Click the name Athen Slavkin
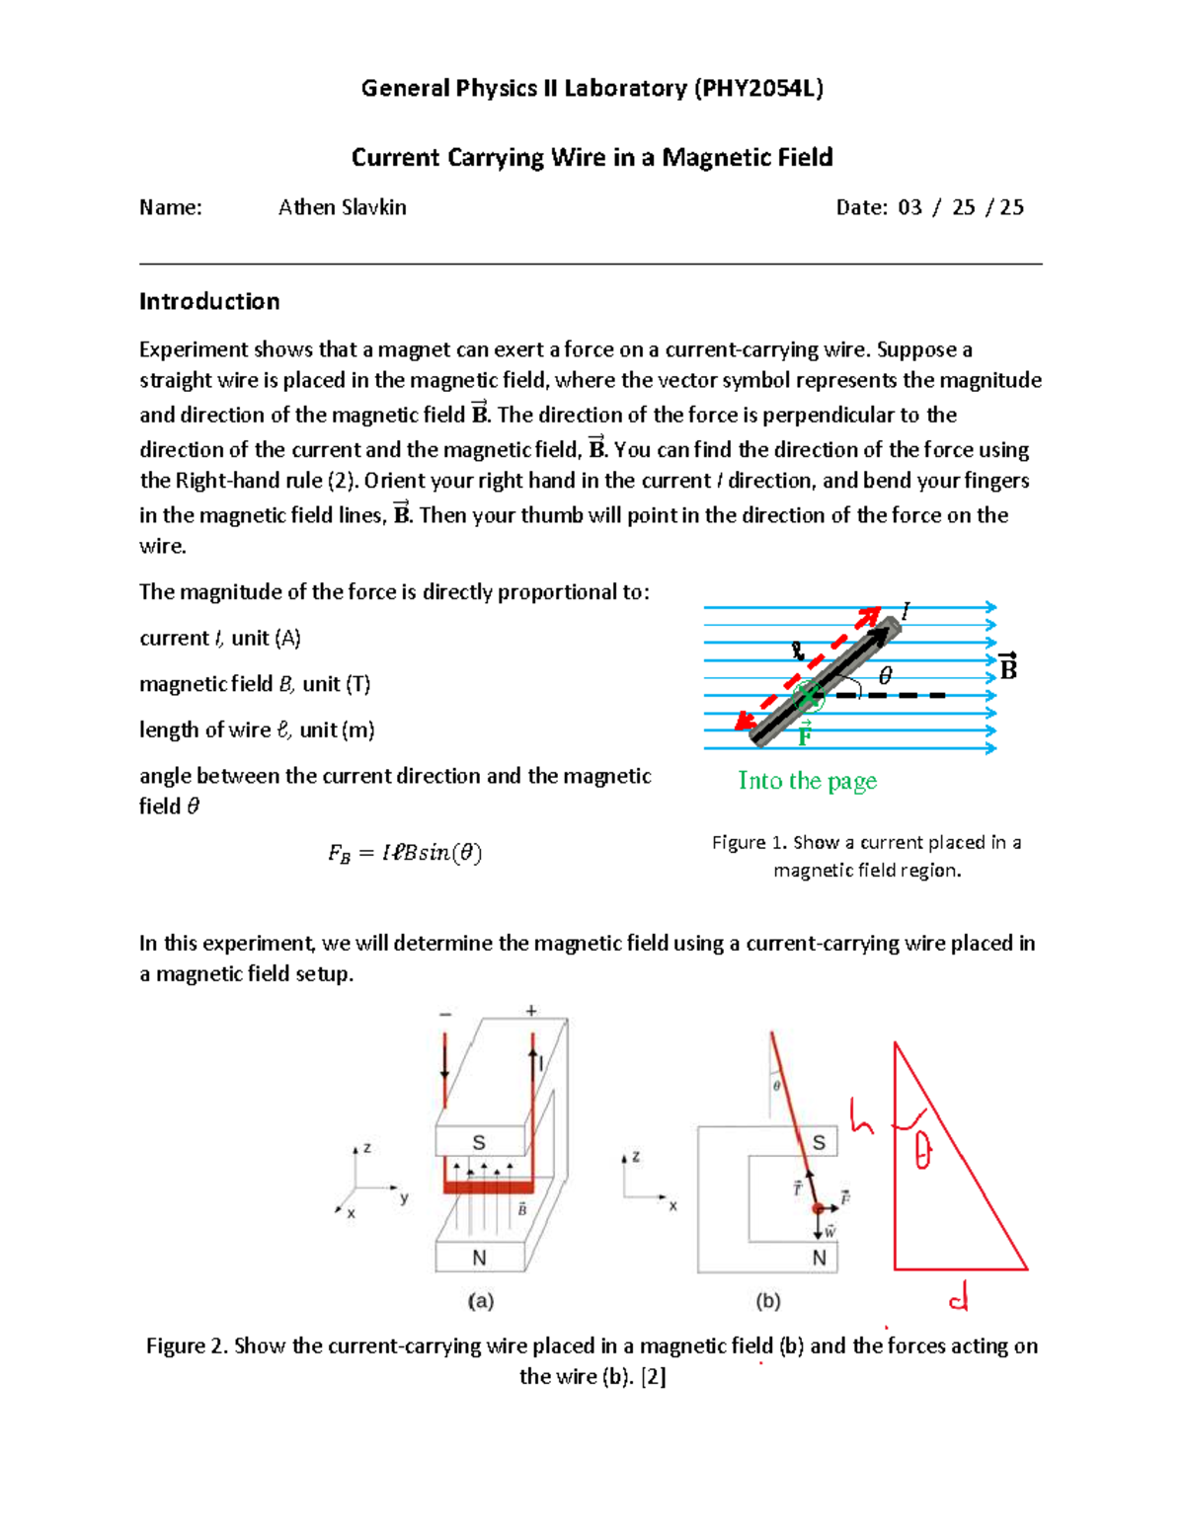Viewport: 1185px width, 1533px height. click(342, 207)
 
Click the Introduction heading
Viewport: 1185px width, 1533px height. click(209, 301)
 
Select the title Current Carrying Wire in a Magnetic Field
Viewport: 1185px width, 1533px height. click(592, 157)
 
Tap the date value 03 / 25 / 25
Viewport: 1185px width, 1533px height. click(960, 207)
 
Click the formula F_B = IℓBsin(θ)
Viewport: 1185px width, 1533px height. click(405, 853)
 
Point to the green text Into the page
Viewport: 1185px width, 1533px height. click(807, 781)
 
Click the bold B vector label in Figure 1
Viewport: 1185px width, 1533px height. click(1007, 668)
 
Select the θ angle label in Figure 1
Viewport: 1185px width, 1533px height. click(885, 675)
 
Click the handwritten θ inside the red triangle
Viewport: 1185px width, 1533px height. click(921, 1150)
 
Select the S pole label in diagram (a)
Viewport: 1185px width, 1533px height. click(479, 1142)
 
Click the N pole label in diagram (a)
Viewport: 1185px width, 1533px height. click(479, 1258)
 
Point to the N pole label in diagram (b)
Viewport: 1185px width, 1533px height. click(819, 1258)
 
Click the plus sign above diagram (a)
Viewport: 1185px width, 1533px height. click(531, 1011)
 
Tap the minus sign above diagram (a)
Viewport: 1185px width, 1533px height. click(445, 1014)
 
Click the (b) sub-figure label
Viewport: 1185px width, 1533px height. click(767, 1301)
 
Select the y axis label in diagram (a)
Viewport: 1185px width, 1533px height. click(404, 1198)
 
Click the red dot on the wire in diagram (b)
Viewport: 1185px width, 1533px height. click(818, 1208)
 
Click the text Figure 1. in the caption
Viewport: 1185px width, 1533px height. click(750, 842)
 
